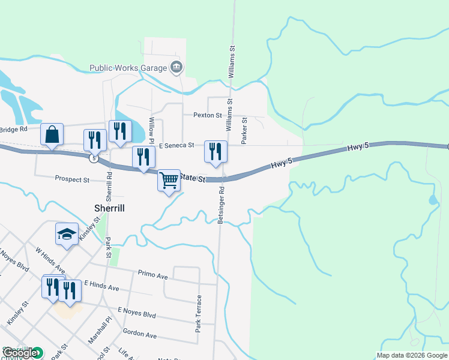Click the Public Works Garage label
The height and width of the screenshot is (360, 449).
point(128,68)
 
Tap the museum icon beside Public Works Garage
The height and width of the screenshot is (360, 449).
point(176,67)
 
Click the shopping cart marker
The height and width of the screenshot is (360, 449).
point(169,179)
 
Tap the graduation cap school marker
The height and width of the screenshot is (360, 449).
point(67,234)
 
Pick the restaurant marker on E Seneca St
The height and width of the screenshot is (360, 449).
point(215,152)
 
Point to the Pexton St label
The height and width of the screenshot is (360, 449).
point(208,115)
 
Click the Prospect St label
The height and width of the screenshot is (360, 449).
point(72,179)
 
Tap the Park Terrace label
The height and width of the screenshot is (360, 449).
point(198,313)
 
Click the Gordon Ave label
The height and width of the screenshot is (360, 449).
point(139,333)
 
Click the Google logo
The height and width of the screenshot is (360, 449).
point(20,353)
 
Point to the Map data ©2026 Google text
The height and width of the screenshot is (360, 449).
point(412,355)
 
